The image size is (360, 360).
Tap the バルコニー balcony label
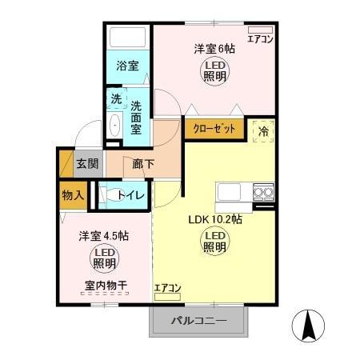point(199,322)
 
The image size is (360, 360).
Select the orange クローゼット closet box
point(214,128)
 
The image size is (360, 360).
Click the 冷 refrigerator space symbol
point(262,129)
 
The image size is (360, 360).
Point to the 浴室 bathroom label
point(127,66)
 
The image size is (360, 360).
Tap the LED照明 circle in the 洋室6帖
point(214,72)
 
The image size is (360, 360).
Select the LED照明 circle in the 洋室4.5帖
point(104,258)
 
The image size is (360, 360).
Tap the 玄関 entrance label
point(86,166)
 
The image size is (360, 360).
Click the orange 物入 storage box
point(72,195)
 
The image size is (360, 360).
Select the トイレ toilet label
point(130,195)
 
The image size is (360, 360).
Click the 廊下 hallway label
point(144,166)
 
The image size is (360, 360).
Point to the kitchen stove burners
point(263,191)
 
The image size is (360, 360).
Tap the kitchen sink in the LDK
point(228,193)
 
